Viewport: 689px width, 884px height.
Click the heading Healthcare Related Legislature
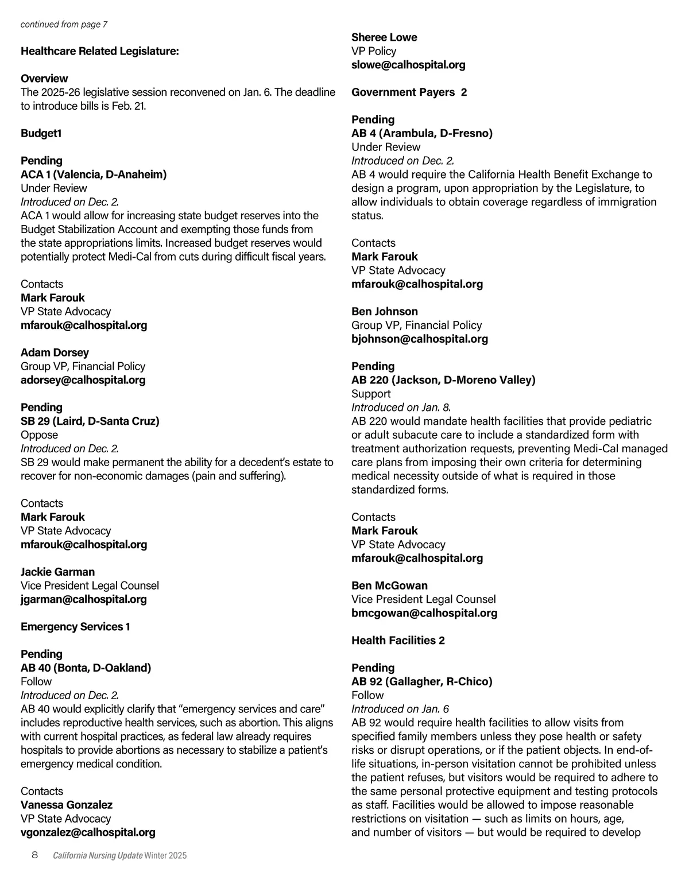pos(100,51)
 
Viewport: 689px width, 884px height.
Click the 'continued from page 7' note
pos(64,24)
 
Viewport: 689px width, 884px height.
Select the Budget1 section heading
pos(41,133)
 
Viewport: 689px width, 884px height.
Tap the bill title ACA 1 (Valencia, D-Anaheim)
pos(94,175)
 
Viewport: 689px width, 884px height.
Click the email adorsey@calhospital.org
pos(83,380)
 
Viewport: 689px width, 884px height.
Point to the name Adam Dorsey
pos(55,352)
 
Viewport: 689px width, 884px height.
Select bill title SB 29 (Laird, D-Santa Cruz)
pos(90,421)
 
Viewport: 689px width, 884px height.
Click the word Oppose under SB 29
pos(39,435)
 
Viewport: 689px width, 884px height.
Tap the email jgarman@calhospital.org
pos(84,599)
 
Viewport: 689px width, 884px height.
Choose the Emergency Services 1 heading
pos(75,627)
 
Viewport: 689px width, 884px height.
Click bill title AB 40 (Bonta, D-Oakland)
pos(86,668)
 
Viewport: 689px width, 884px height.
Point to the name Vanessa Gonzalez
pos(67,805)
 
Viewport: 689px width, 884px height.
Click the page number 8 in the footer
pos(34,855)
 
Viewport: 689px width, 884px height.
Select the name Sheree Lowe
pos(384,37)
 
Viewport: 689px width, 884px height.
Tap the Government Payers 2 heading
pos(409,92)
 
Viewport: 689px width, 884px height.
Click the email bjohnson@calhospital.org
pos(420,339)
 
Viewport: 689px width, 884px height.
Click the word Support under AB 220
pos(371,394)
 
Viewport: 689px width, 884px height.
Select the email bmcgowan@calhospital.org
pos(424,613)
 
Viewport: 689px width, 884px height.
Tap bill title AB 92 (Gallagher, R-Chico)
pos(422,681)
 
